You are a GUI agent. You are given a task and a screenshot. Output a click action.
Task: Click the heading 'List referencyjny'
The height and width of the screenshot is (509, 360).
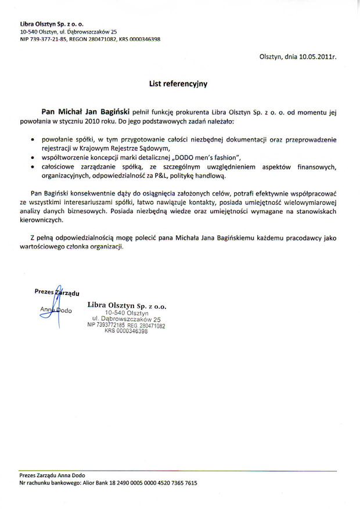[x=178, y=84]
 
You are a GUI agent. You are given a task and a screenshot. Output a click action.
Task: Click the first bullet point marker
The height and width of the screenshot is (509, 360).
[x=33, y=140]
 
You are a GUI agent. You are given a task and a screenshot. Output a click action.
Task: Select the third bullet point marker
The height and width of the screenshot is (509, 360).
[x=33, y=167]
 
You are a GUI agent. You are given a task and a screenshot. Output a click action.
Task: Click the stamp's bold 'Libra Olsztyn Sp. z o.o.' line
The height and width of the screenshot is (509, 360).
[x=127, y=305]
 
